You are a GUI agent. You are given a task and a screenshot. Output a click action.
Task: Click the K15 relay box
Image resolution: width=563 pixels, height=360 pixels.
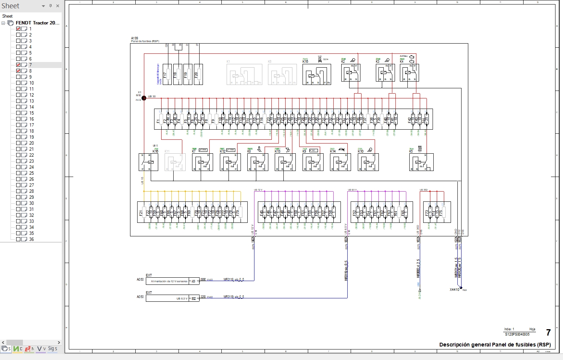(316, 74)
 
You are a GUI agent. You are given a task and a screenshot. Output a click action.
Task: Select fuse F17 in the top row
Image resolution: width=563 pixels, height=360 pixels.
(167, 74)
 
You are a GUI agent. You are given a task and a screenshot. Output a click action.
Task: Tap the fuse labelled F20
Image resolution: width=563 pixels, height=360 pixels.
(198, 74)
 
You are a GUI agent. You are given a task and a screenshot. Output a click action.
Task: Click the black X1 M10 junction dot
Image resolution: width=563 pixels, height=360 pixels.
(144, 98)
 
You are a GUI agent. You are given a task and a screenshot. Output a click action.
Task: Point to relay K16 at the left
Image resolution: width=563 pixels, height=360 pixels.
(148, 162)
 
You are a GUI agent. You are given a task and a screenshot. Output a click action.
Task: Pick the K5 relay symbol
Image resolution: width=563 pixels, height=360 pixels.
(421, 162)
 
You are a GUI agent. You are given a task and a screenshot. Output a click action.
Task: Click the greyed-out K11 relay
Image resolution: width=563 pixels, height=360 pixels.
(175, 162)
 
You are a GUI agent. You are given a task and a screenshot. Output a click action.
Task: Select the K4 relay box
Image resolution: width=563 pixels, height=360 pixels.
(409, 73)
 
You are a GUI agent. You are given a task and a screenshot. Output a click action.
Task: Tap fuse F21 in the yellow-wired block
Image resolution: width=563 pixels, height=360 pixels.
(144, 212)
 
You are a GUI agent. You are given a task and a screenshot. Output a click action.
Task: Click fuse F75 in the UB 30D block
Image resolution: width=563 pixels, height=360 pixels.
(443, 212)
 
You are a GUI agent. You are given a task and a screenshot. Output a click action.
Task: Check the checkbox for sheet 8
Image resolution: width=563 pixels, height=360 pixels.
(18, 71)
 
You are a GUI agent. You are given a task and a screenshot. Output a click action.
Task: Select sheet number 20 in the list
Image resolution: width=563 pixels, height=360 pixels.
(32, 143)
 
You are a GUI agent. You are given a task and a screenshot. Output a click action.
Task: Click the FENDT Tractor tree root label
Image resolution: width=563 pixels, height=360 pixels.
(38, 23)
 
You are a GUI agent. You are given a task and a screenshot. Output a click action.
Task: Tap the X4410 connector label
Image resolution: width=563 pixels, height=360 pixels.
(454, 290)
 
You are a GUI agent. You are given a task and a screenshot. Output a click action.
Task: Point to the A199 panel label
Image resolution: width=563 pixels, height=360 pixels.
(135, 38)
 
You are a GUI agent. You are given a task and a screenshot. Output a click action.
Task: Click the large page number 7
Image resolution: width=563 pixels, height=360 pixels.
(548, 333)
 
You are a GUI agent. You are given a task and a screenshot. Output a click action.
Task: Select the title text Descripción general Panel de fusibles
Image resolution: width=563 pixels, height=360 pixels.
(495, 345)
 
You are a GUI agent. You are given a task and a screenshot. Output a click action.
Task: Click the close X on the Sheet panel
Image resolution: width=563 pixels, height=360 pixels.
(58, 6)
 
